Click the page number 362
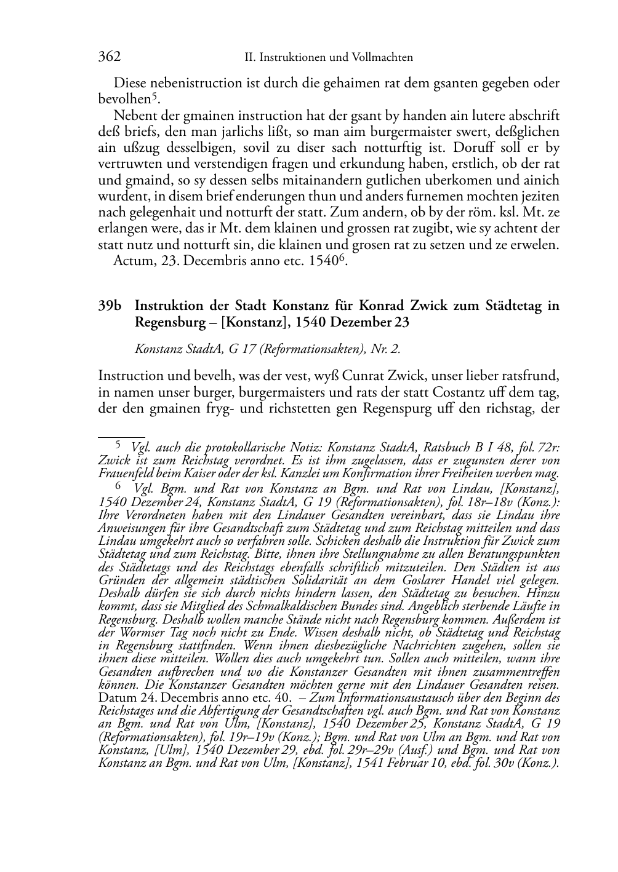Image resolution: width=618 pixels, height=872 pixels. [x=109, y=57]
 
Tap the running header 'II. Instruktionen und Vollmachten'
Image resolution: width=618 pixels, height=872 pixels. [x=329, y=58]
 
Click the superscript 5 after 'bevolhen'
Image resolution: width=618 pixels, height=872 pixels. [x=156, y=97]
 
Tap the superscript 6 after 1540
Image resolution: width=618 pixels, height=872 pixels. [x=343, y=258]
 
